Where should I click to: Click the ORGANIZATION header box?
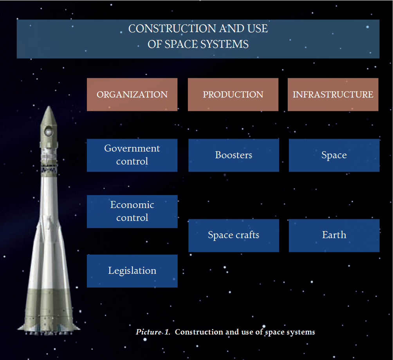(132, 94)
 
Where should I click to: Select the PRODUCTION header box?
(233, 94)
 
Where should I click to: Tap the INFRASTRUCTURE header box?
(333, 94)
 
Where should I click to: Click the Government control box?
(132, 155)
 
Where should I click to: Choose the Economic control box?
(132, 212)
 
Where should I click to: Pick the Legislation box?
(132, 271)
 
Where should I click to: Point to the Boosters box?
(234, 155)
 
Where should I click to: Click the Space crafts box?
(234, 235)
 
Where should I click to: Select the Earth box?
(334, 235)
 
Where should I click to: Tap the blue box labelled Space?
(334, 155)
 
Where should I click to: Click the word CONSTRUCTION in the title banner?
(172, 29)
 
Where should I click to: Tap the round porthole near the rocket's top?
(48, 131)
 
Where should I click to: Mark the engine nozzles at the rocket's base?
(49, 333)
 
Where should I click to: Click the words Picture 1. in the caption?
(153, 332)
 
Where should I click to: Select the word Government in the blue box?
(132, 148)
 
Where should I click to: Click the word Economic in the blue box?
(132, 205)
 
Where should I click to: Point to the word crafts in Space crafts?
(247, 235)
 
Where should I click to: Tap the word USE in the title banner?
(258, 29)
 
